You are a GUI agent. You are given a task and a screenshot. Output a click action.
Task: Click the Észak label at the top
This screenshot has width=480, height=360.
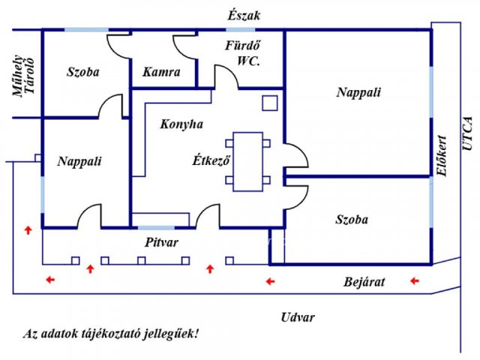pyautogui.click(x=244, y=16)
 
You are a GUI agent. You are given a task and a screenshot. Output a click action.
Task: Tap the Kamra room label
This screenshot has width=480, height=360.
pyautogui.click(x=161, y=72)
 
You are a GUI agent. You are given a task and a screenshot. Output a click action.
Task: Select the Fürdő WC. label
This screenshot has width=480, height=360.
pyautogui.click(x=243, y=53)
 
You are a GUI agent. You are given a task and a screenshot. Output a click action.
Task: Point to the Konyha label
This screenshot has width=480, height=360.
pyautogui.click(x=181, y=124)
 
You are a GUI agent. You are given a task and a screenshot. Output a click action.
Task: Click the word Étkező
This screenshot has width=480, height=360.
pyautogui.click(x=211, y=160)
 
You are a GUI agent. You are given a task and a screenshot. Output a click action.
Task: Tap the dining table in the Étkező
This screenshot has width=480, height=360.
pyautogui.click(x=247, y=162)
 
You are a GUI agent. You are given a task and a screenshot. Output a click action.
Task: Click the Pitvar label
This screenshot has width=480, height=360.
pyautogui.click(x=161, y=242)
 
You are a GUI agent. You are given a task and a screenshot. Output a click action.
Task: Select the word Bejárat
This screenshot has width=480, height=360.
pyautogui.click(x=364, y=282)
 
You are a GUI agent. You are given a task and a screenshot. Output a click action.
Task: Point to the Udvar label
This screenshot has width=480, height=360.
pyautogui.click(x=298, y=317)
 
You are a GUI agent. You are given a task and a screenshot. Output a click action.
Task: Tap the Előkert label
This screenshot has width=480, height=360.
pyautogui.click(x=442, y=156)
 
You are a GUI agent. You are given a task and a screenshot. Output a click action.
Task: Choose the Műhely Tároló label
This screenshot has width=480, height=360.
pyautogui.click(x=23, y=76)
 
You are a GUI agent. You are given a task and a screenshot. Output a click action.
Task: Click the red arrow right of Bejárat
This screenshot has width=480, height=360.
pyautogui.click(x=415, y=280)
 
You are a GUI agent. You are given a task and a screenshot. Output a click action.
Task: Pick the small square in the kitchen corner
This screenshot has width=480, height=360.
pyautogui.click(x=270, y=103)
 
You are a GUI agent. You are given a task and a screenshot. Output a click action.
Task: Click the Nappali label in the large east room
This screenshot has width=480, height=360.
pyautogui.click(x=358, y=92)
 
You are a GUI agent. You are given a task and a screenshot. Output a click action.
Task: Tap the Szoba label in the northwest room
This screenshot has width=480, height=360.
pyautogui.click(x=83, y=72)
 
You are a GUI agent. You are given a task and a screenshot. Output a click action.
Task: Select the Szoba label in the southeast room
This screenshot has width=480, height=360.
pyautogui.click(x=352, y=220)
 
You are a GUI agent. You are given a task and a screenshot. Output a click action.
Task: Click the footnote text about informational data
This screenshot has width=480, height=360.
pyautogui.click(x=111, y=333)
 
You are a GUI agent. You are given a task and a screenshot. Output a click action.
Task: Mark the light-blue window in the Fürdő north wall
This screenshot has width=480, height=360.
pyautogui.click(x=241, y=30)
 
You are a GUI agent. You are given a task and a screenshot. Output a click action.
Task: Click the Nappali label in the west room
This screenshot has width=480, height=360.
pyautogui.click(x=79, y=161)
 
